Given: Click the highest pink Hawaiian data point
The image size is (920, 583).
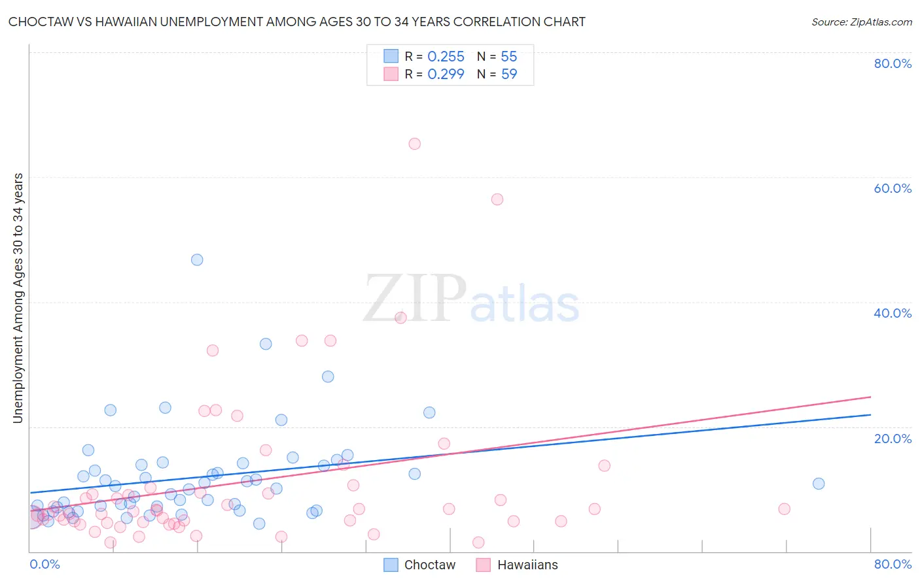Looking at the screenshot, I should (x=414, y=144).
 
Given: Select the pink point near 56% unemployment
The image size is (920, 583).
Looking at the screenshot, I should (x=497, y=199).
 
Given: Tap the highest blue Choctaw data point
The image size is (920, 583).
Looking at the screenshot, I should (x=197, y=259).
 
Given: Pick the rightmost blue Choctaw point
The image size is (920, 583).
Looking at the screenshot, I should (x=819, y=484).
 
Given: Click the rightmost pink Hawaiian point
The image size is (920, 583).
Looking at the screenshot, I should (x=784, y=509).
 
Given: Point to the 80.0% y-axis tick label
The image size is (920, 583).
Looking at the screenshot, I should (x=893, y=63).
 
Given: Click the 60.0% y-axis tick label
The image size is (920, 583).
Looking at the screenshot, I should (x=893, y=188).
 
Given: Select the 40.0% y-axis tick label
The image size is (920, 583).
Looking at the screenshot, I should (x=893, y=313).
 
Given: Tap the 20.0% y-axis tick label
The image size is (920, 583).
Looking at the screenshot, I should (x=893, y=438).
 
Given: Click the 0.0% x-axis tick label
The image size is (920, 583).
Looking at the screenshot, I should (x=45, y=564).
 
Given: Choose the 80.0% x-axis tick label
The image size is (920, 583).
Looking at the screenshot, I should (x=893, y=564).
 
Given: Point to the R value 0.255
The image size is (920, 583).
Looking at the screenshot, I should (x=446, y=57).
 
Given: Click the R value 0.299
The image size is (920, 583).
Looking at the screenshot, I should (x=446, y=75).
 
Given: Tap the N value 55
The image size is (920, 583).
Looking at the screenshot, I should (x=509, y=57).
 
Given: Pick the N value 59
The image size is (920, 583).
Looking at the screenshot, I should (x=509, y=75).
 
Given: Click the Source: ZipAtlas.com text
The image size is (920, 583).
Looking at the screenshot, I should (x=861, y=22).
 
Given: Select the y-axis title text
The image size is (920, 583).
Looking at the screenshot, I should (x=18, y=298).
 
